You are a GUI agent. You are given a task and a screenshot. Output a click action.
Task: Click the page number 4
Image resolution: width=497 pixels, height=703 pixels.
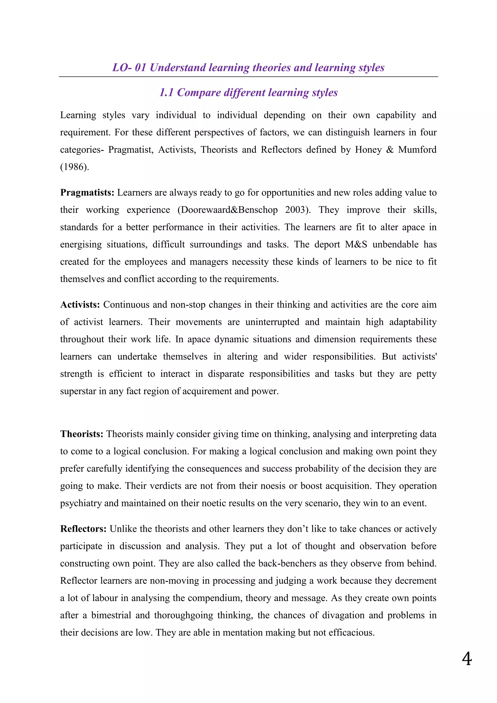pyautogui.click(x=466, y=659)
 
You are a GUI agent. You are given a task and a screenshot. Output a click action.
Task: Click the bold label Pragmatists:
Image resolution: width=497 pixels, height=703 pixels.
pyautogui.click(x=87, y=192)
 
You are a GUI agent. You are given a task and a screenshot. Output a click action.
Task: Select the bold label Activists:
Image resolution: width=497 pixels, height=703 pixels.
pyautogui.click(x=80, y=305)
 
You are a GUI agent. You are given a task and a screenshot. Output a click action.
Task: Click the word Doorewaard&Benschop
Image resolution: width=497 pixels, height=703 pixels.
pyautogui.click(x=229, y=210)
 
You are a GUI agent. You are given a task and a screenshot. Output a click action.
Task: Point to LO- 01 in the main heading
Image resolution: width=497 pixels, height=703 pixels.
pyautogui.click(x=129, y=67)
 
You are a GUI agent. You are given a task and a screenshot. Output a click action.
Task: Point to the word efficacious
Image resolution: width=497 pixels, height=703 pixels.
pyautogui.click(x=351, y=633)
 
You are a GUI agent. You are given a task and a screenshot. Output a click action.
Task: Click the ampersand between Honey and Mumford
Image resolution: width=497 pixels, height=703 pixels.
pyautogui.click(x=390, y=150)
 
